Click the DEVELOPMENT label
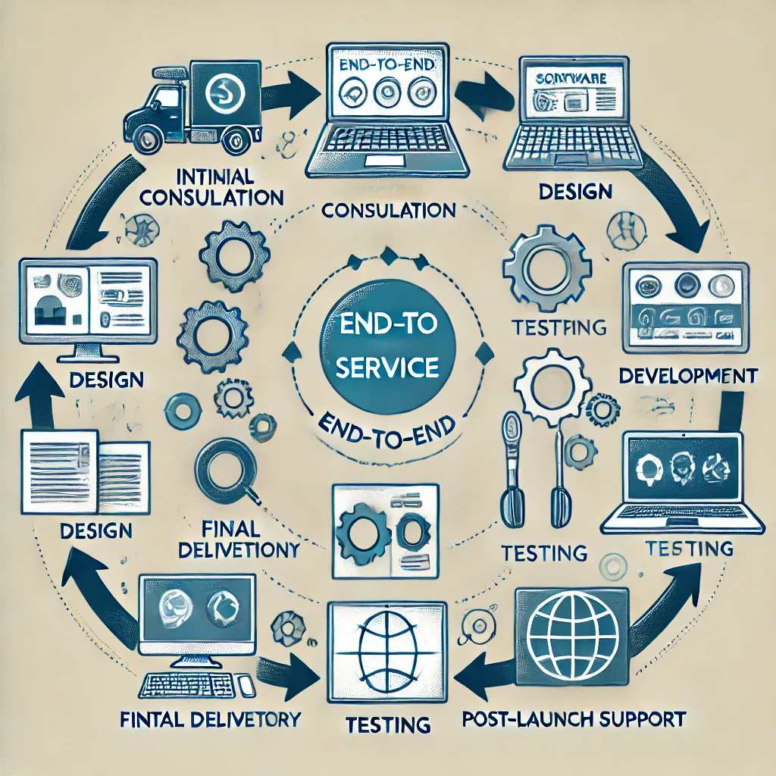pyautogui.click(x=687, y=375)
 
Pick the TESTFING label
pyautogui.click(x=559, y=327)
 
